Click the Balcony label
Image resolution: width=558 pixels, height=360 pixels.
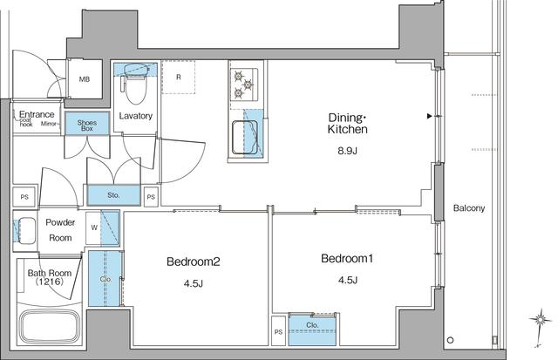(469, 208)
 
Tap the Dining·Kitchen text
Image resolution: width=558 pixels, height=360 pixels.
(348, 123)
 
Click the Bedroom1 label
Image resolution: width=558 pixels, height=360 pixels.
(347, 259)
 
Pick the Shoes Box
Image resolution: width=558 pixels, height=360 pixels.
(87, 125)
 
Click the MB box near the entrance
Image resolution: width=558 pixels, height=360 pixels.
(85, 80)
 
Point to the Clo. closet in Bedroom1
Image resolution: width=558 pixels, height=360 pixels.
(312, 326)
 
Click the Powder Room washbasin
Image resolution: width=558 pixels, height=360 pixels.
(24, 231)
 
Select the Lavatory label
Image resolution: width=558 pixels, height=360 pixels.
(135, 116)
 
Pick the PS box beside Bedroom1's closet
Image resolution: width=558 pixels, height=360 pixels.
(277, 333)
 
